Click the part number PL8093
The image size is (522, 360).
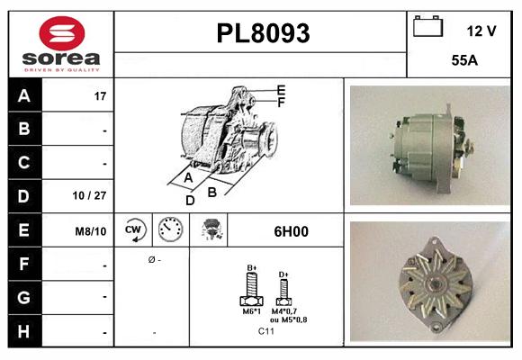pos(263,34)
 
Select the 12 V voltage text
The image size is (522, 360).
pos(481,31)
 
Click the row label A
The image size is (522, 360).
pos(24,95)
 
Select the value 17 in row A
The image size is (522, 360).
pos(100,95)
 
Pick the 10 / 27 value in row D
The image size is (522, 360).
pos(94,195)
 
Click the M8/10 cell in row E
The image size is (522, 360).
pos(92,230)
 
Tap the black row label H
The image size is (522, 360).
pos(24,332)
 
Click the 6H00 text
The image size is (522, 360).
pos(290,231)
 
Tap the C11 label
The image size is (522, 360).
pos(265,331)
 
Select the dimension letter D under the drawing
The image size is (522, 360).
pos(190,200)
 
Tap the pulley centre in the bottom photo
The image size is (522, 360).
pos(436,286)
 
